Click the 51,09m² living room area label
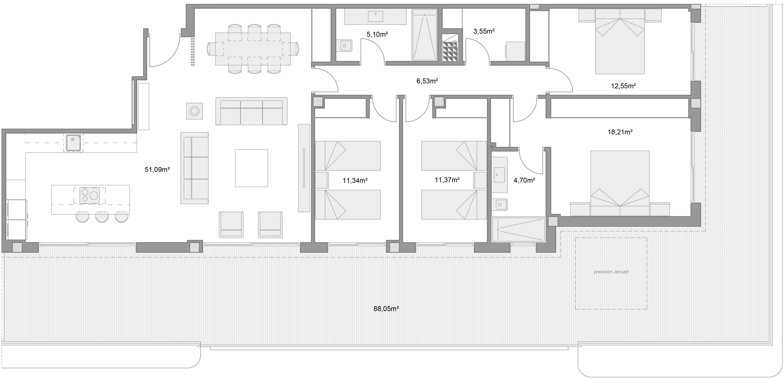point(157,169)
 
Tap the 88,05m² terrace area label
point(386,309)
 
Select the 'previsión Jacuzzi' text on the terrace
point(611,272)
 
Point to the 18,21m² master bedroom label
point(620,132)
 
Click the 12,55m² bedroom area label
point(623,86)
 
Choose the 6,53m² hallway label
point(427,81)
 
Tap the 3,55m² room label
point(484,31)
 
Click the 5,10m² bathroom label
point(377,34)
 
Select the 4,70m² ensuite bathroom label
point(524,180)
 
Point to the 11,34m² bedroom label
point(355,180)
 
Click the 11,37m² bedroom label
point(447,180)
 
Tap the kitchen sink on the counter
point(73,143)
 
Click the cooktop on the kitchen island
point(89,195)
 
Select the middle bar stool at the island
point(102,217)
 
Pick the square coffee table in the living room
point(251,168)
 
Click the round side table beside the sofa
point(194,111)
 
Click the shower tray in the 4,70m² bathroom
point(518,229)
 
